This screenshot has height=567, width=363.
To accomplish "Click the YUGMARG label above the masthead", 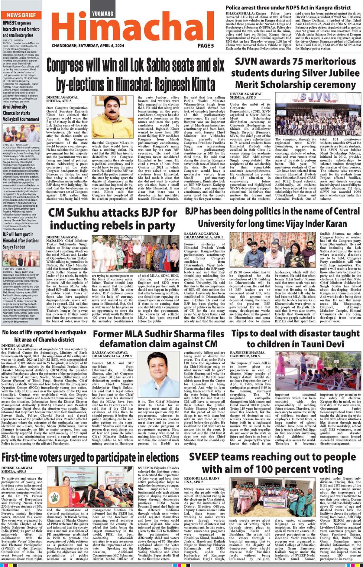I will tap(103, 14).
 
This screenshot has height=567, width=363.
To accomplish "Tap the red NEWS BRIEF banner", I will tap(21, 15).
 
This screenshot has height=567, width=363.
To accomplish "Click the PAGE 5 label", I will tap(206, 46).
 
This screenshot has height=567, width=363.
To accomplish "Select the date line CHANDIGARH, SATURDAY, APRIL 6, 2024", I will tap(88, 46).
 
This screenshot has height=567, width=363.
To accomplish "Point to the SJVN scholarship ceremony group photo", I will tap(318, 114).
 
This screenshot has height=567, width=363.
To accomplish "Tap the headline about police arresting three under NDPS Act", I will tap(288, 8).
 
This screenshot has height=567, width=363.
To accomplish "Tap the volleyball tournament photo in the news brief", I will tap(21, 133).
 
